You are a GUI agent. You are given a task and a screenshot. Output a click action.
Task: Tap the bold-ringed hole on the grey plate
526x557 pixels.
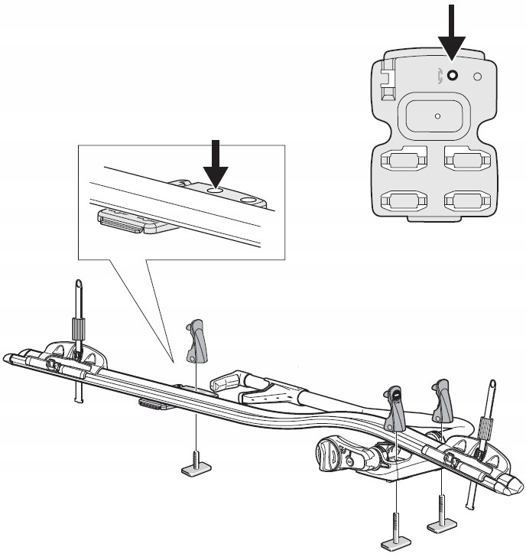452,75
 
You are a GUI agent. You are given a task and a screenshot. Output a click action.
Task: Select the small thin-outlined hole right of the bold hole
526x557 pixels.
478,77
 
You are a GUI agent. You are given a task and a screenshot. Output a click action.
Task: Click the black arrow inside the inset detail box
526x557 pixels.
215,161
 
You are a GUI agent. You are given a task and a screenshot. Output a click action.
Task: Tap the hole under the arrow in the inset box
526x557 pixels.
216,187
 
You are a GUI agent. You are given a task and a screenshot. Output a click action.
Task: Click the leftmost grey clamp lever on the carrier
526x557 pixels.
196,342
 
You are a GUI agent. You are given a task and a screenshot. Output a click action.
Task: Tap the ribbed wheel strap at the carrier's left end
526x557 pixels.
78,334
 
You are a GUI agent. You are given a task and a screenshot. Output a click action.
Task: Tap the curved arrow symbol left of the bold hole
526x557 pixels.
437,75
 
